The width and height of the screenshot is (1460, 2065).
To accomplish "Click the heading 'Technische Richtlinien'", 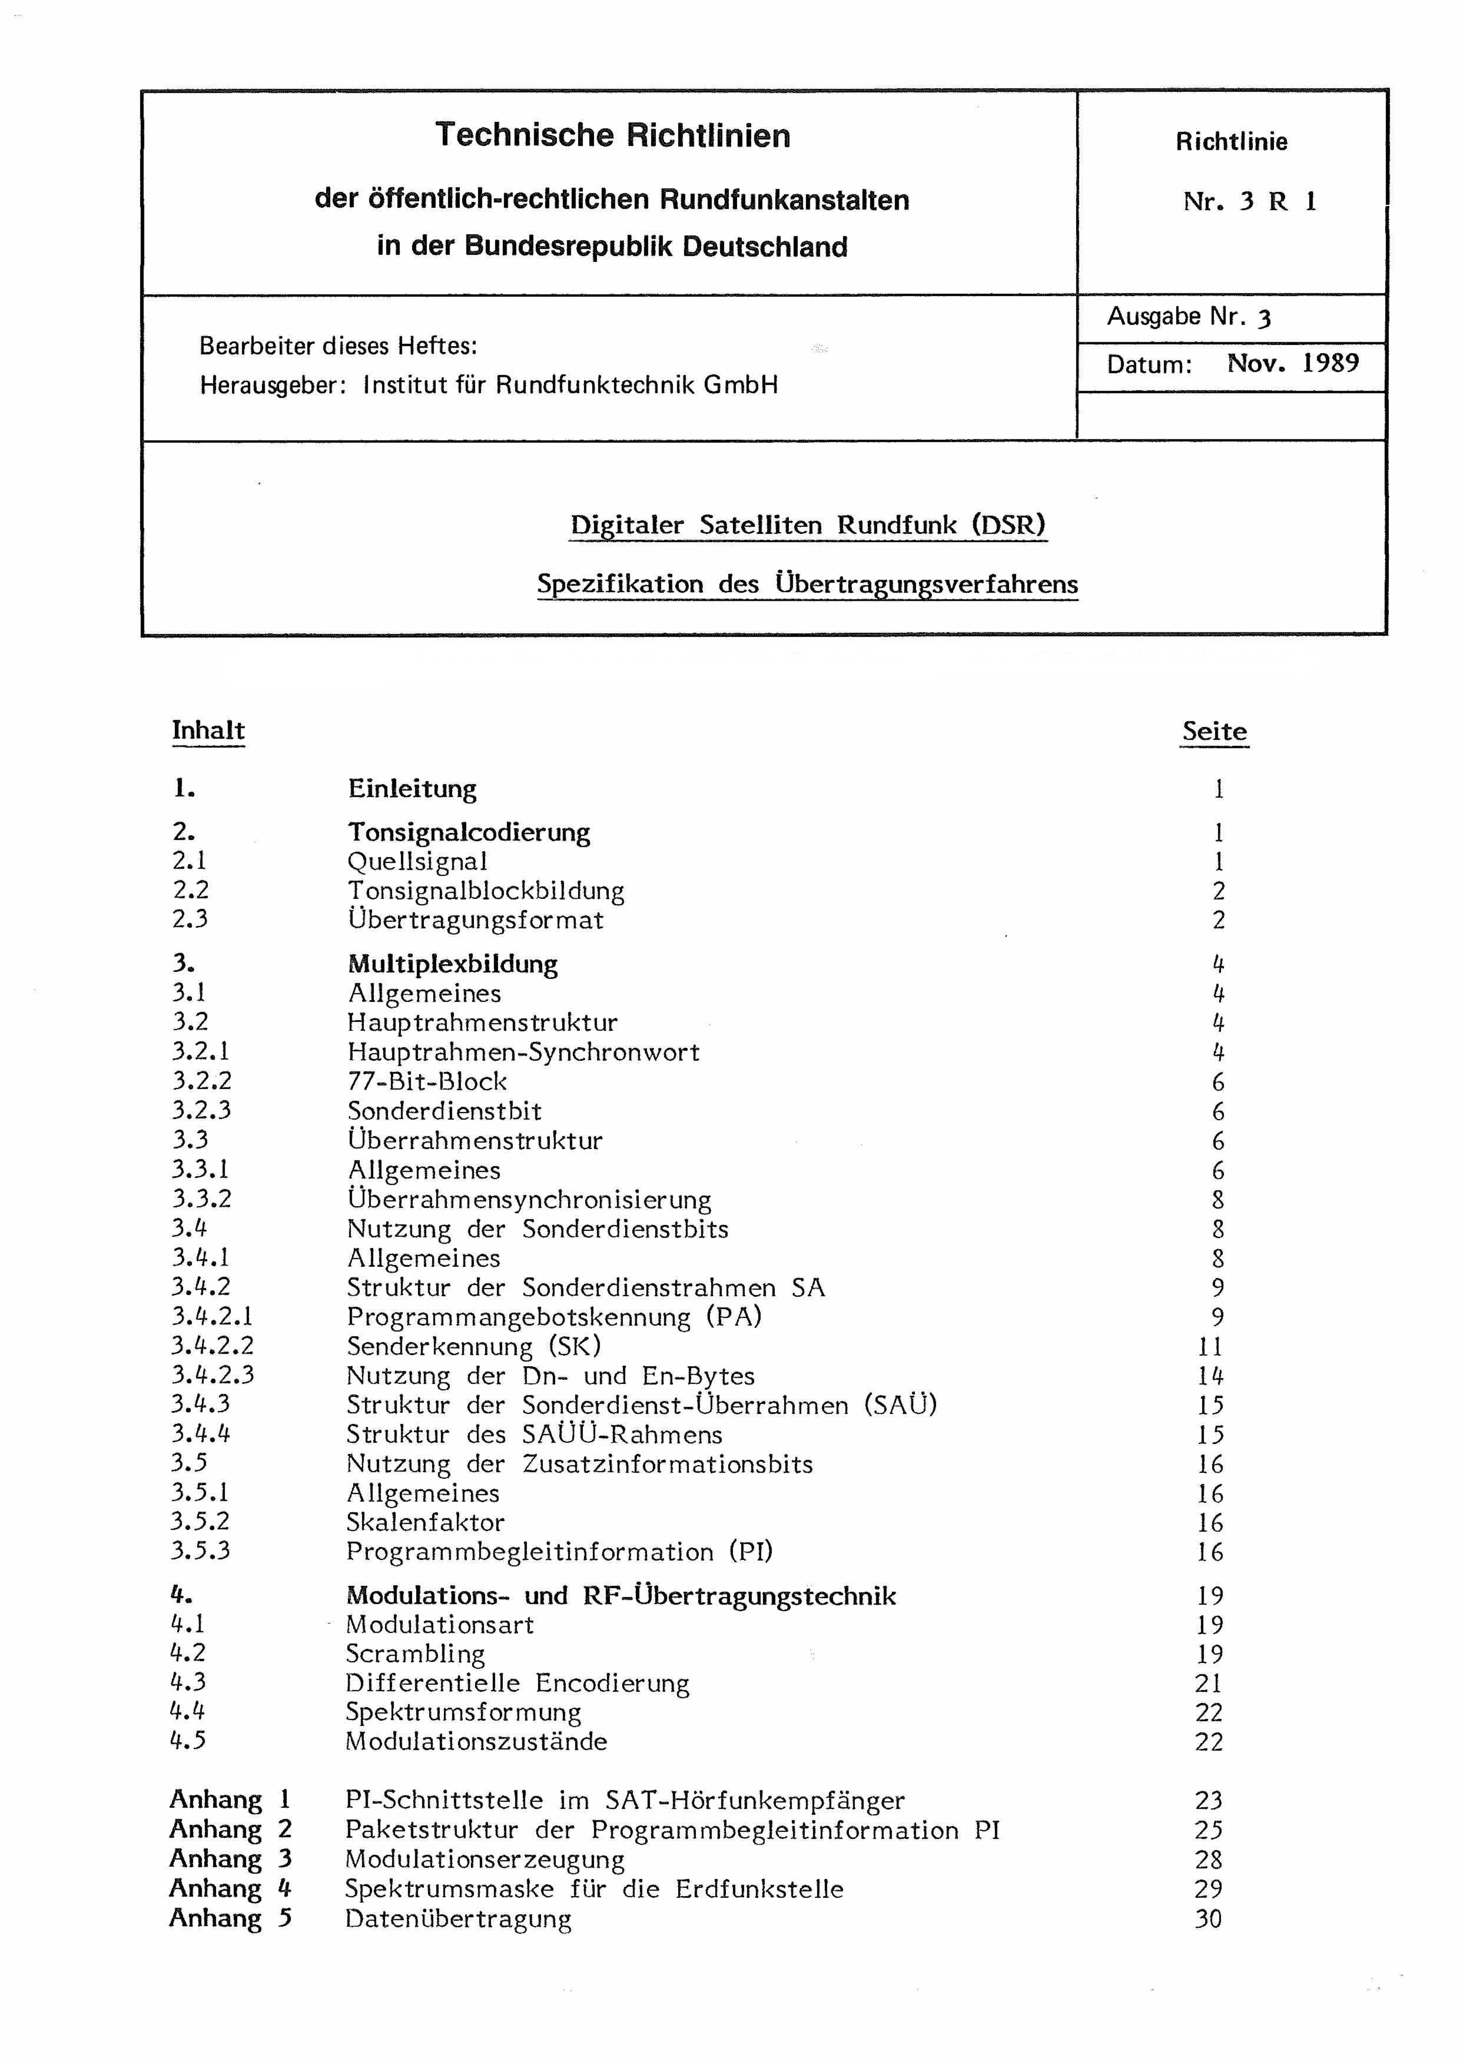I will [x=613, y=136].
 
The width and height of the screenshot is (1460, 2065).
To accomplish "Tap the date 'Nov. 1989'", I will [x=1293, y=363].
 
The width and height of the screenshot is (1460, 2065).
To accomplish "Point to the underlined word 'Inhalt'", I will [x=208, y=731].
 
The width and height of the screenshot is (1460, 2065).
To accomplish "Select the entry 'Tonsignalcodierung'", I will [x=469, y=832].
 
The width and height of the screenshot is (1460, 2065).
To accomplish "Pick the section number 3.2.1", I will [x=201, y=1051].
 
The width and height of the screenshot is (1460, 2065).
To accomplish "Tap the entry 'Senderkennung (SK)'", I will [x=474, y=1346].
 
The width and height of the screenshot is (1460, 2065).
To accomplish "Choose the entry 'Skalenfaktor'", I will [x=426, y=1522].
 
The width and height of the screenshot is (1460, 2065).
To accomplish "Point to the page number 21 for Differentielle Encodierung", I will [x=1209, y=1683].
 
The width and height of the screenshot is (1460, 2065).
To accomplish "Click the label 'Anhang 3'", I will [x=230, y=1858].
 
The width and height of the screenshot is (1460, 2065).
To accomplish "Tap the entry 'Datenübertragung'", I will [x=458, y=1918].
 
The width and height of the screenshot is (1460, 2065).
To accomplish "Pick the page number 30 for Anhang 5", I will [x=1208, y=1918].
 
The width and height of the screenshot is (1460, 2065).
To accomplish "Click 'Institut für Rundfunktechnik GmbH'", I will [x=570, y=385].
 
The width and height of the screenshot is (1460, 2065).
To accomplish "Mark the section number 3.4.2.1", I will [x=213, y=1317].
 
